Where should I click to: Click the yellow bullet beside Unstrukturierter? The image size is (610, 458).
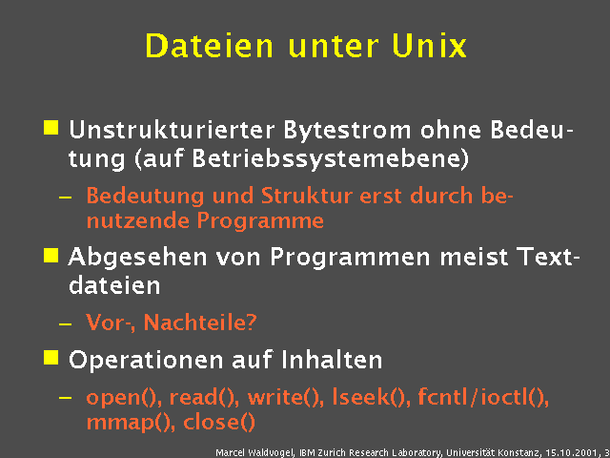click(x=51, y=127)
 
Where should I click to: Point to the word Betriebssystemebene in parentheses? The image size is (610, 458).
click(x=343, y=154)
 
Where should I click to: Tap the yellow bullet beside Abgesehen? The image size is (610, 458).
click(x=51, y=254)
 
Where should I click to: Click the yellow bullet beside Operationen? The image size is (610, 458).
click(x=51, y=358)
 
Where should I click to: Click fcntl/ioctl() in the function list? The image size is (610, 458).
click(x=482, y=398)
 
